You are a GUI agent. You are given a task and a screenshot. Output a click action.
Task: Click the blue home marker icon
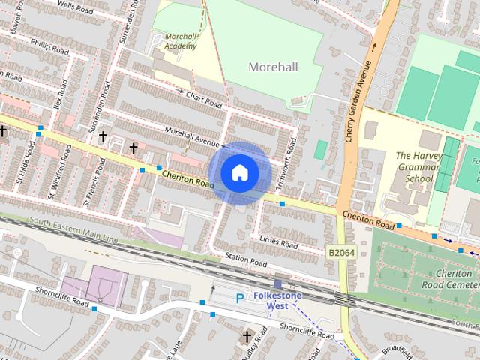(x=239, y=172)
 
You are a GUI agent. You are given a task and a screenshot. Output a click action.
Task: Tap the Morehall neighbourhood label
(x=273, y=67)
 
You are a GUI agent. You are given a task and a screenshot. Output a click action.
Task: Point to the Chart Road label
(x=204, y=98)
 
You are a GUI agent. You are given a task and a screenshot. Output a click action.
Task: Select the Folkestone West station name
(x=278, y=301)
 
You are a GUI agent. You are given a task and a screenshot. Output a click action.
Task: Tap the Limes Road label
(x=279, y=241)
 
